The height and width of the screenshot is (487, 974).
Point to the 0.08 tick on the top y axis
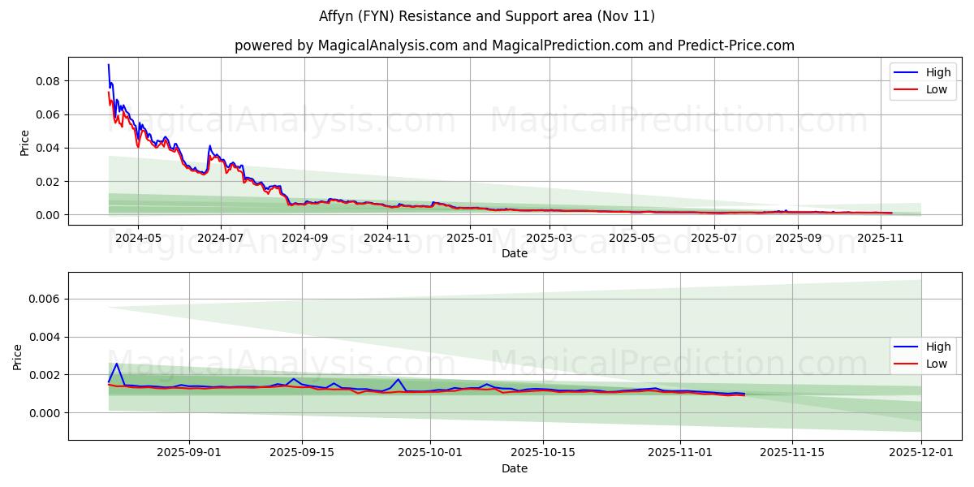click(47, 81)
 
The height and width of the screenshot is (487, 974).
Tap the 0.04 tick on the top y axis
click(47, 149)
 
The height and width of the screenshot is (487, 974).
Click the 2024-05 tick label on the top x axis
click(138, 238)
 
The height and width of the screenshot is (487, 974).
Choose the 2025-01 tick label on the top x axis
click(470, 238)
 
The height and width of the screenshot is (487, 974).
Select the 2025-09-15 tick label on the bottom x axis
click(302, 453)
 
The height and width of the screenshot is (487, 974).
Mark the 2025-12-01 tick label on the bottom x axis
click(921, 453)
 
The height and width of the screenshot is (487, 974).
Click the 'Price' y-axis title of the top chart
click(24, 142)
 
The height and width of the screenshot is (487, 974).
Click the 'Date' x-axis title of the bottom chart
click(515, 468)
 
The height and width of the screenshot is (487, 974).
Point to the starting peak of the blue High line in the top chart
click(109, 65)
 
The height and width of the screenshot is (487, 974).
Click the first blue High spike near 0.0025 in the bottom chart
click(116, 364)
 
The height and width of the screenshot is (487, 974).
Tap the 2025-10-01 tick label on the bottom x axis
click(431, 453)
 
